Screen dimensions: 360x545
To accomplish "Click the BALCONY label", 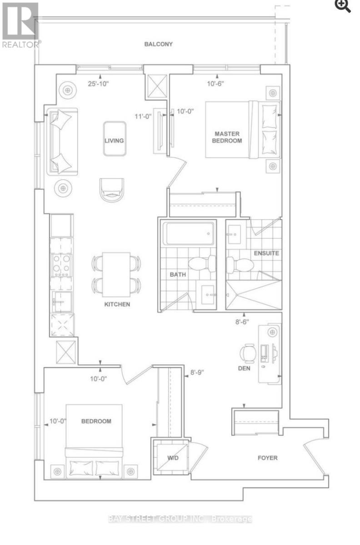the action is (x=158, y=44).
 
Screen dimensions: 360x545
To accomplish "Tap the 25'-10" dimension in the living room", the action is (x=98, y=84).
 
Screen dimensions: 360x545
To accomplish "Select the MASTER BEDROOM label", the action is (x=227, y=137).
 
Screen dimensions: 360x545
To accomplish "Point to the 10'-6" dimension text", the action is (x=215, y=84).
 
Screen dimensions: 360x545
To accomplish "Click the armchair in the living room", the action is (x=112, y=190).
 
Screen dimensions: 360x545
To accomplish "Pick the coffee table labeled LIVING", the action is (x=115, y=139).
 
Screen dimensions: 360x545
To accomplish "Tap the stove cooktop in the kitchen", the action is (x=61, y=265).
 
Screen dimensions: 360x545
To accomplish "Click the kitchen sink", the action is (x=62, y=302).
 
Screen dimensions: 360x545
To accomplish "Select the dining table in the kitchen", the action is (x=116, y=275).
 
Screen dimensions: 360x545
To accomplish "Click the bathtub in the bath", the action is (x=188, y=233).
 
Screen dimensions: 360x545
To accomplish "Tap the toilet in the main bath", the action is (x=202, y=264).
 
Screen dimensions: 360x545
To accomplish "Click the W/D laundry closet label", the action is (x=173, y=458).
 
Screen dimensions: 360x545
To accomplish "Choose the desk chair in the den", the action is (x=248, y=354).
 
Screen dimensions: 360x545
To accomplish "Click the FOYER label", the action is (x=267, y=458).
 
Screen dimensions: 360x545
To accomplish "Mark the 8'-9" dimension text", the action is (x=197, y=372).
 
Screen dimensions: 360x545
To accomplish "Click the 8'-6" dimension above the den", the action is (x=242, y=322).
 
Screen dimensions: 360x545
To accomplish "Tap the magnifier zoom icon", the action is (x=343, y=6).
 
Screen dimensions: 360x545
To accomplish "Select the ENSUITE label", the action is (x=266, y=253).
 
